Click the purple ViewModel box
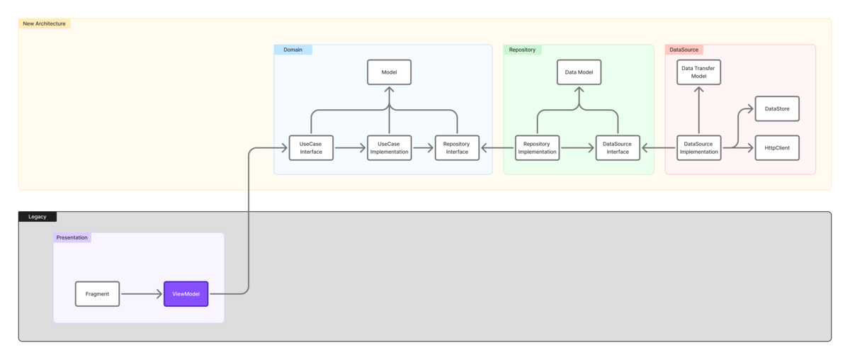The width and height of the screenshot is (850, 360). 186,294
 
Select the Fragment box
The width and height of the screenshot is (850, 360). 97,294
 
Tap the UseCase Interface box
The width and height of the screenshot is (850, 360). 311,147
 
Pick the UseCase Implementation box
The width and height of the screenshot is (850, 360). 389,147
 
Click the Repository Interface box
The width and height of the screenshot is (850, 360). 457,147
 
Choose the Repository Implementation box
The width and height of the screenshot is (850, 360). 537,147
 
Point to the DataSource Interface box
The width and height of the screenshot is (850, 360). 618,147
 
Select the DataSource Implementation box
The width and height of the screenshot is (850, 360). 698,147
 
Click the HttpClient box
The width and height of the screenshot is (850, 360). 777,147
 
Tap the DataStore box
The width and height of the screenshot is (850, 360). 777,108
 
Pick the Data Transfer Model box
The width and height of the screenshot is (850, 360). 698,72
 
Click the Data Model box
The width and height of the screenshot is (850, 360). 579,72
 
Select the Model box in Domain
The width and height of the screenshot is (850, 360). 389,72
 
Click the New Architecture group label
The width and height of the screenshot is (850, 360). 45,23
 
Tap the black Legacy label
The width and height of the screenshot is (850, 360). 38,217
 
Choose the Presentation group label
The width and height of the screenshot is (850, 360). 72,237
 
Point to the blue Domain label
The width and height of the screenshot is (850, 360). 293,50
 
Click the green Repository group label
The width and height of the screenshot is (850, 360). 522,50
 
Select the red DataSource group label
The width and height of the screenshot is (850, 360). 684,50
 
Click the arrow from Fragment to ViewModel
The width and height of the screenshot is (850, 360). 142,294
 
